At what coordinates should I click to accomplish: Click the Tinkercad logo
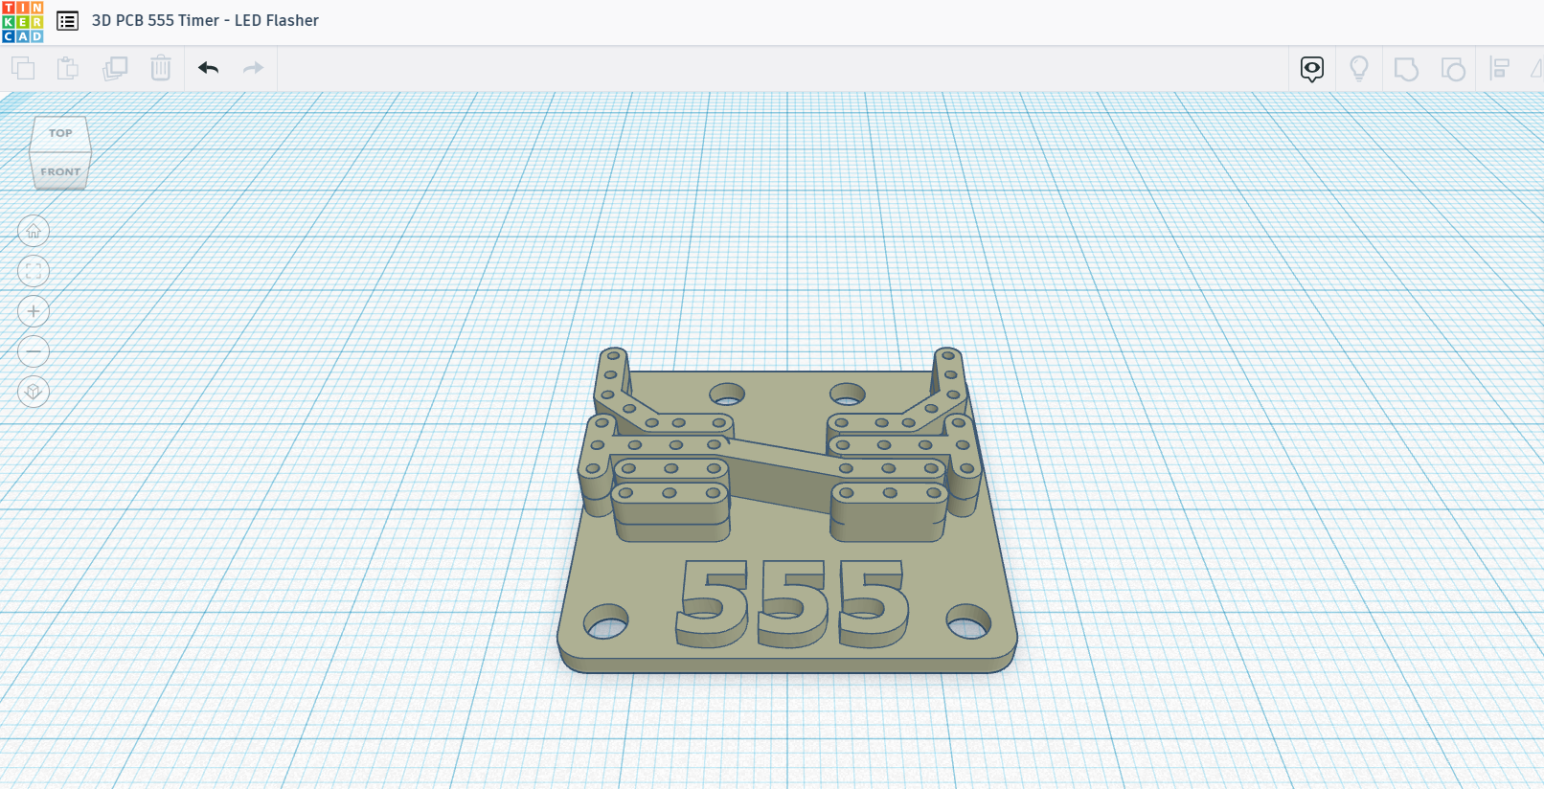point(22,21)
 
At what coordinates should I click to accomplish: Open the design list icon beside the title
point(67,21)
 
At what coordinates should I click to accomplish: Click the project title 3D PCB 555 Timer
point(205,20)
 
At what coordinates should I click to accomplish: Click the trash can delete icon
point(161,68)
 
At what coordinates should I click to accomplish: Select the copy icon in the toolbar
point(23,68)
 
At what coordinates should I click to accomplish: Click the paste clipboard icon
point(68,68)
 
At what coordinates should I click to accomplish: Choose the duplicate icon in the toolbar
point(115,68)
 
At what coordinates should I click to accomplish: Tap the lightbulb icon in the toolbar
point(1358,68)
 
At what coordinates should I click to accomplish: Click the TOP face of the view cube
point(60,133)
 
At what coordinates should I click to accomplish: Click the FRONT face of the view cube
point(60,171)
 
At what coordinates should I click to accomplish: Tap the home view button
point(34,231)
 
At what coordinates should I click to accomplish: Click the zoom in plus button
point(34,311)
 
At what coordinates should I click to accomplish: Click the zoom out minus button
point(34,351)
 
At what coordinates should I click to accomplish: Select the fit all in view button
point(34,271)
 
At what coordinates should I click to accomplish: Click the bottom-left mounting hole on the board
point(605,622)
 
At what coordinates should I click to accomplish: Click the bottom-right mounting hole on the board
point(968,622)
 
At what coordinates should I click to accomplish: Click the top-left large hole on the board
point(727,394)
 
